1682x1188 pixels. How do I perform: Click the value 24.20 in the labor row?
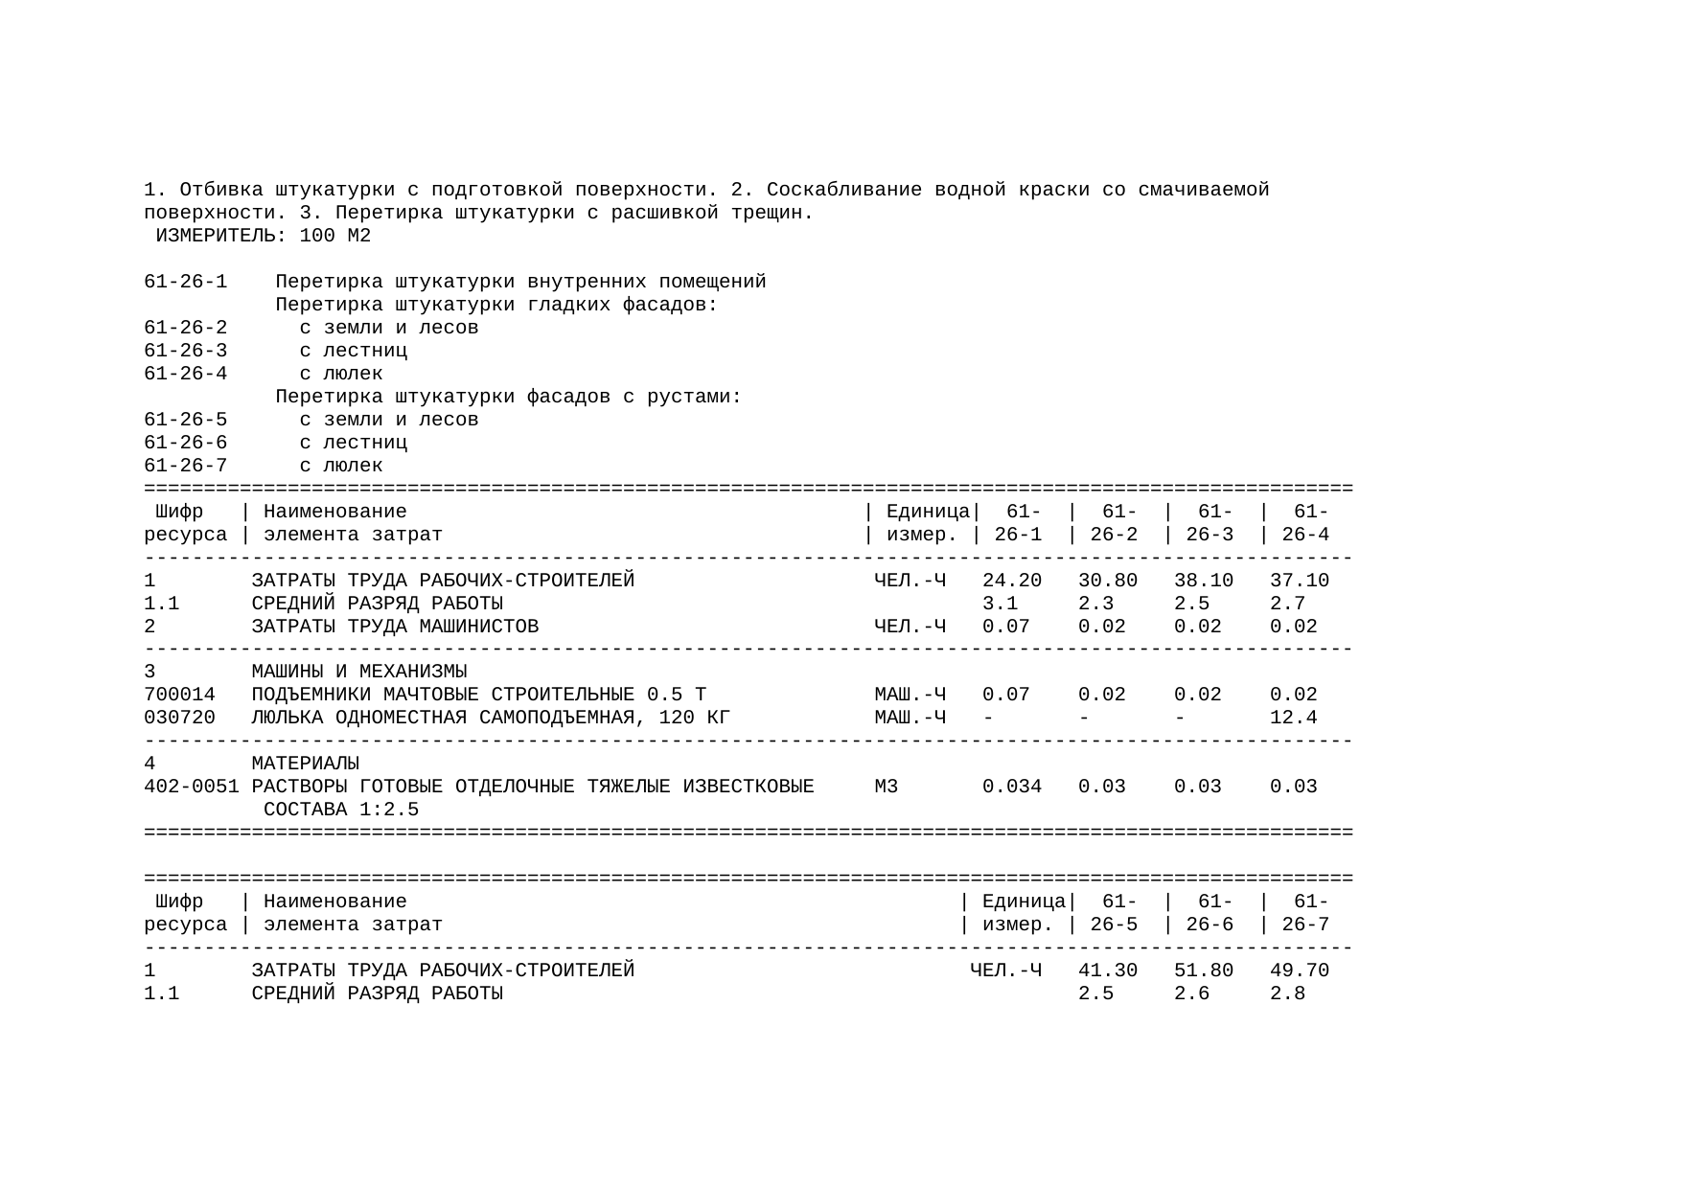pos(1011,581)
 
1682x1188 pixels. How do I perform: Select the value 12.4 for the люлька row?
pos(1293,718)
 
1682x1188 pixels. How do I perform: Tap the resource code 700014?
pos(179,695)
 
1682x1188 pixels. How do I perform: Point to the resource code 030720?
pos(179,718)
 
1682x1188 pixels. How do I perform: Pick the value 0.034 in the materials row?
pos(1011,787)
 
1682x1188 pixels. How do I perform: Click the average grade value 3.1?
pos(1000,604)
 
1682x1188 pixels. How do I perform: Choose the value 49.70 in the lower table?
pos(1299,971)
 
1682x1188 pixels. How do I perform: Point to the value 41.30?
pos(1107,971)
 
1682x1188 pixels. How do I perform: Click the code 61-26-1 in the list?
pos(185,283)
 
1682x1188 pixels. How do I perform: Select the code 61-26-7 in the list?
pos(185,466)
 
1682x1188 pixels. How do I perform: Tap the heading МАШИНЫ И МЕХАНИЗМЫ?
pos(358,672)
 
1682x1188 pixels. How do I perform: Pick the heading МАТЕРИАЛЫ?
pos(305,764)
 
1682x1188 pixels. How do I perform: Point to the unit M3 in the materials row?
pos(886,787)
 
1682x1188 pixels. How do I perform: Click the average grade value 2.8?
pos(1287,994)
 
